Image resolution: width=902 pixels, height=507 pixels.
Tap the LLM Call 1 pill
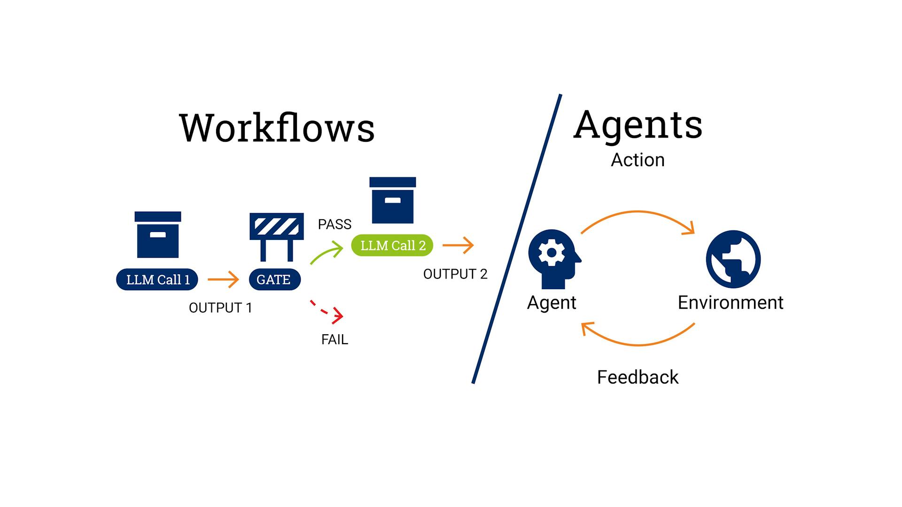(x=157, y=279)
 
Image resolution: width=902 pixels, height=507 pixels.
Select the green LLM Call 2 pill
(x=392, y=246)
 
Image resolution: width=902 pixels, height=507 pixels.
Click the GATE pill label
(x=274, y=279)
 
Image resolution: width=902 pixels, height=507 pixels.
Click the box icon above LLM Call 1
(x=158, y=234)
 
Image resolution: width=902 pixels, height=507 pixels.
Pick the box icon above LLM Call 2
(x=393, y=200)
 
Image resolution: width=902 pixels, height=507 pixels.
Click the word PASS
(x=334, y=224)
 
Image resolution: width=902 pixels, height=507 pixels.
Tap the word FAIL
(x=334, y=339)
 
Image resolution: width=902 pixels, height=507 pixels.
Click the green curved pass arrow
(x=327, y=253)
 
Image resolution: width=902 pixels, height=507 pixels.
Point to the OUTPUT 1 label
(x=220, y=308)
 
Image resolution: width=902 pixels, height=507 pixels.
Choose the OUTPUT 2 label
(x=455, y=274)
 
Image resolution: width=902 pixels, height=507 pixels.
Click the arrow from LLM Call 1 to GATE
(x=223, y=279)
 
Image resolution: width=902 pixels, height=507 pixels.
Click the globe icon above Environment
(x=733, y=259)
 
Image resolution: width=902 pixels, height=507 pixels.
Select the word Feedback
(x=638, y=377)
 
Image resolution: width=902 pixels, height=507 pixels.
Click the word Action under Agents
(x=638, y=160)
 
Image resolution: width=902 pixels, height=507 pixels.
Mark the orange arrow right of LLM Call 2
(x=458, y=245)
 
